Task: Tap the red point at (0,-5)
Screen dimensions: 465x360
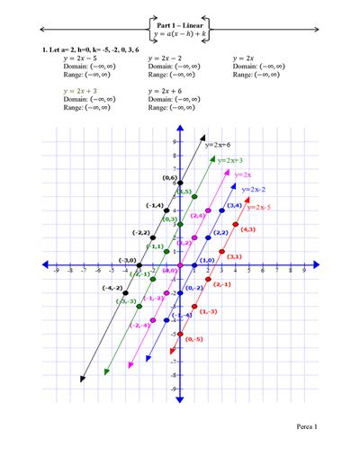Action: (180, 334)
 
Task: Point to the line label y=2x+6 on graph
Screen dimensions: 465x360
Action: (219, 143)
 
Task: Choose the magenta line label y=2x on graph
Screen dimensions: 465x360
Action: (242, 174)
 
